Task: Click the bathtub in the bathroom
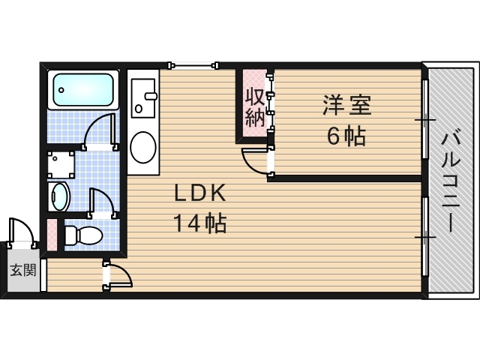pyautogui.click(x=83, y=89)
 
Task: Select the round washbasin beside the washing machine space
pyautogui.click(x=59, y=197)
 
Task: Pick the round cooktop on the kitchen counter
pyautogui.click(x=142, y=147)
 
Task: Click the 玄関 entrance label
pyautogui.click(x=22, y=271)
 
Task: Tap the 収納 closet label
pyautogui.click(x=255, y=107)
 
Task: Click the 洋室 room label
pyautogui.click(x=346, y=105)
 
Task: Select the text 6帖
pyautogui.click(x=345, y=136)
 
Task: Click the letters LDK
pyautogui.click(x=199, y=193)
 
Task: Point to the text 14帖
pyautogui.click(x=199, y=223)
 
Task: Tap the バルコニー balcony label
pyautogui.click(x=449, y=180)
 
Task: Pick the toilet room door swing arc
pyautogui.click(x=101, y=202)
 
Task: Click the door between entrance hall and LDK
pyautogui.click(x=118, y=275)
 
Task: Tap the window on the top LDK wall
pyautogui.click(x=194, y=65)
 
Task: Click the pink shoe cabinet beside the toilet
pyautogui.click(x=52, y=235)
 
